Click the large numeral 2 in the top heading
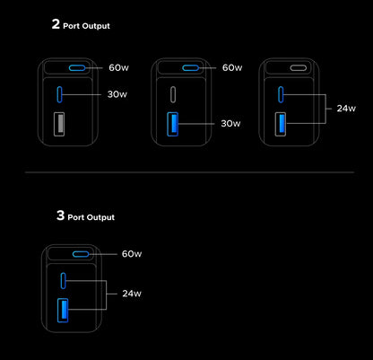[x=56, y=24]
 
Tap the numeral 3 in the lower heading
[x=60, y=215]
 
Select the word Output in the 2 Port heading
[x=96, y=26]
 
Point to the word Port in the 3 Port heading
[x=76, y=217]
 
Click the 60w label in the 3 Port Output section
[x=132, y=254]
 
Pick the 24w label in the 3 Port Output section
[x=132, y=294]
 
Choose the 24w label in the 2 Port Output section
[x=346, y=109]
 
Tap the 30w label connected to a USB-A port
[x=230, y=123]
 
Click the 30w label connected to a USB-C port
[x=117, y=94]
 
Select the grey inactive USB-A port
[x=59, y=124]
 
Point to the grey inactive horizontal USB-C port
[x=299, y=68]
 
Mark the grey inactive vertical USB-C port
[x=173, y=94]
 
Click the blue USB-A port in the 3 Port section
[x=63, y=311]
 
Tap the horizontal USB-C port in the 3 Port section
[x=81, y=254]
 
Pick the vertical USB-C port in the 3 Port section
[x=63, y=281]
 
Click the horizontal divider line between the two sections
[x=189, y=172]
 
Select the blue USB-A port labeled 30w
[x=173, y=124]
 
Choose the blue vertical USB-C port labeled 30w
[x=59, y=94]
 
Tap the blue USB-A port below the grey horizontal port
[x=281, y=124]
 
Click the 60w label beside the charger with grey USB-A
[x=118, y=67]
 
